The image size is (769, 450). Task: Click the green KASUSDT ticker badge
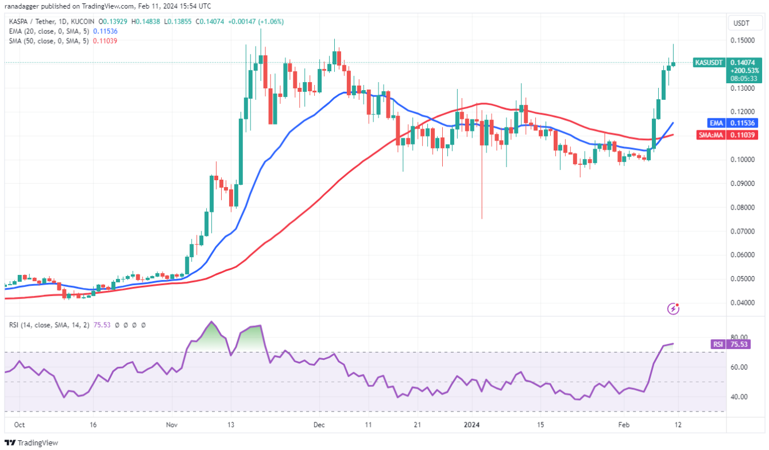pos(710,62)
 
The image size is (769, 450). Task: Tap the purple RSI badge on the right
pos(717,344)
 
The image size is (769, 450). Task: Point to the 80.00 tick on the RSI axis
pos(739,338)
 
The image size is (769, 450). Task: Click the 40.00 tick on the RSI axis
pos(739,397)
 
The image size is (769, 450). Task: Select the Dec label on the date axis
pos(319,425)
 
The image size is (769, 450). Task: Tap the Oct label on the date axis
pos(19,425)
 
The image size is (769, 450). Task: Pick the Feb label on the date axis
pos(625,425)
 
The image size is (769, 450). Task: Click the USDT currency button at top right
pos(741,24)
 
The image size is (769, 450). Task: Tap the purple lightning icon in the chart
pos(674,309)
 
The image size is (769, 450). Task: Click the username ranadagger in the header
pos(25,6)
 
